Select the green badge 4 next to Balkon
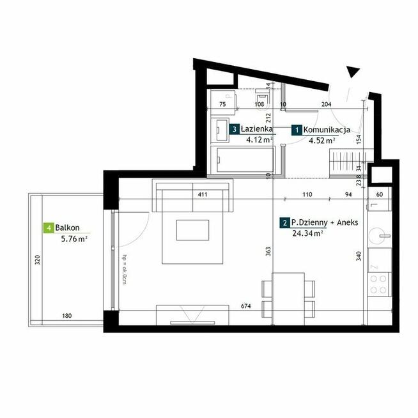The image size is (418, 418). tap(48, 228)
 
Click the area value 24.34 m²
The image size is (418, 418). tap(306, 233)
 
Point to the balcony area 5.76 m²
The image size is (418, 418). tap(74, 238)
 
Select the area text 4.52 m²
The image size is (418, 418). tap(322, 141)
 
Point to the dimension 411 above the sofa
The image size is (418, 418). tap(203, 194)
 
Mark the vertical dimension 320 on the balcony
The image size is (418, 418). tap(38, 260)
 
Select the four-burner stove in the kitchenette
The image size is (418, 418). tap(380, 283)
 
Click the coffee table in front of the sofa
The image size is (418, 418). tap(192, 231)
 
